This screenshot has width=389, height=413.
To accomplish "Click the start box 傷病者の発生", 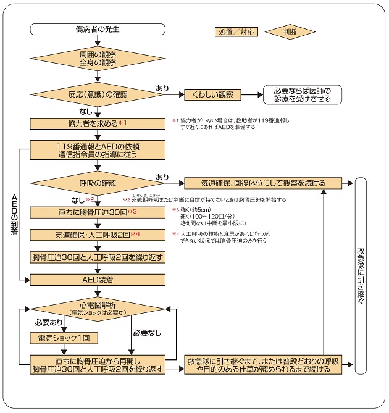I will click(98, 29).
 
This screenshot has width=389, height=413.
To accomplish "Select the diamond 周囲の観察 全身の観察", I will click(98, 59).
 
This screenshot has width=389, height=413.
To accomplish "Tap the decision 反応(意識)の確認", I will click(98, 94).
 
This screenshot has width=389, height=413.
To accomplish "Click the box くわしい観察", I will click(212, 94).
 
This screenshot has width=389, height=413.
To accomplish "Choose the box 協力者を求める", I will click(98, 123).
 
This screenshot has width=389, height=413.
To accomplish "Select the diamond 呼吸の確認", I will click(98, 183).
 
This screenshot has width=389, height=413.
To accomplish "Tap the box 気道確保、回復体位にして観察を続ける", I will click(263, 183).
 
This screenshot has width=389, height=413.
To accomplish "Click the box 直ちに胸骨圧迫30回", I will click(98, 212).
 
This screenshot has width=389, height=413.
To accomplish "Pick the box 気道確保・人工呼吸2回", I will click(98, 235).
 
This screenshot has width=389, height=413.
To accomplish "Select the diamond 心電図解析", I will click(98, 309).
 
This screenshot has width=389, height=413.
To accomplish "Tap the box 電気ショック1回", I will click(64, 338).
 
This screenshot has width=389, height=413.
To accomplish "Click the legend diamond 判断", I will click(291, 31).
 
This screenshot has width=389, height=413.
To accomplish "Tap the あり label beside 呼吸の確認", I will click(162, 177).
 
